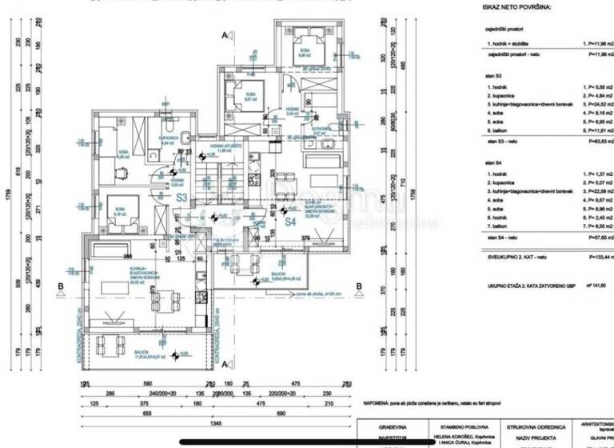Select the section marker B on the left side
pyautogui.click(x=61, y=284)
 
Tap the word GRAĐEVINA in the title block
pyautogui.click(x=396, y=428)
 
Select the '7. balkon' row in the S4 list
pyautogui.click(x=500, y=227)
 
